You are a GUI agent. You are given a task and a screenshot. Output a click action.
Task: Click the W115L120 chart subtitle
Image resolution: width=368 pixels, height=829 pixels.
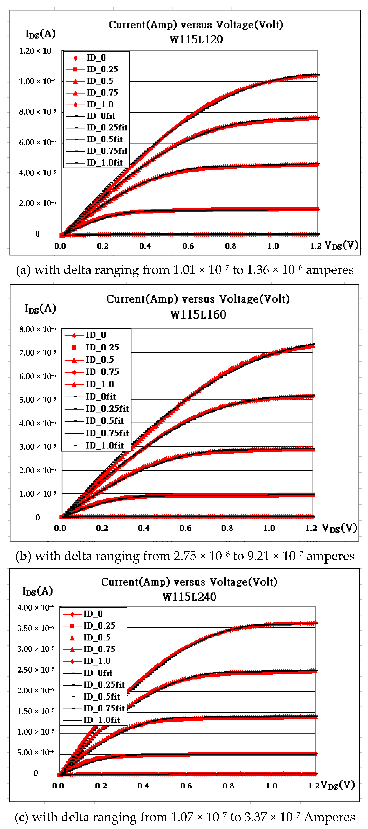pyautogui.click(x=196, y=40)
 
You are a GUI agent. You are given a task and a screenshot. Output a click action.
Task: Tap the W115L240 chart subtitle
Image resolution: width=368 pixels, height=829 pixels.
pyautogui.click(x=189, y=597)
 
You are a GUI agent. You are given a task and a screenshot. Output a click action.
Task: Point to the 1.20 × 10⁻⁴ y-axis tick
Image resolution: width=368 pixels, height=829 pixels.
pyautogui.click(x=37, y=51)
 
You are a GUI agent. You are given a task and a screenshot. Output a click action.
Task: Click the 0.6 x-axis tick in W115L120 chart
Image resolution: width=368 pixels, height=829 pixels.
pyautogui.click(x=188, y=246)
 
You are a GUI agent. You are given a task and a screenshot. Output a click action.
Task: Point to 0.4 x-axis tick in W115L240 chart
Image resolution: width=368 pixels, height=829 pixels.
pyautogui.click(x=143, y=786)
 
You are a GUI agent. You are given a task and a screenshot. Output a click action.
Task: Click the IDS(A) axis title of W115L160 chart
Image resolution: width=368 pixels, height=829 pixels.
pyautogui.click(x=40, y=309)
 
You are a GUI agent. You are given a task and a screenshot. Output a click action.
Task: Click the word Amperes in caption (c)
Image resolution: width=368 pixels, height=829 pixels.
pyautogui.click(x=329, y=817)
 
